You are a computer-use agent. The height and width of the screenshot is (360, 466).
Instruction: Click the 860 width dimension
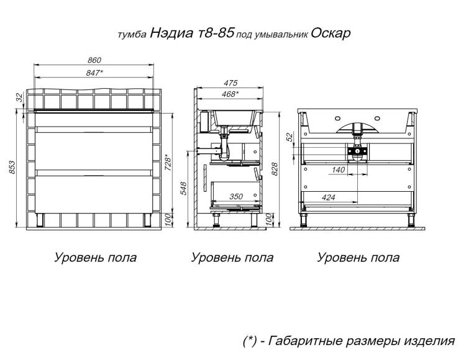tap(94, 60)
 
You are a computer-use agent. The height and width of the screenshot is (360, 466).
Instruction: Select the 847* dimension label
tap(95, 73)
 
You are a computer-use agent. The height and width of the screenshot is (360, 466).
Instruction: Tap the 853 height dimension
tap(12, 168)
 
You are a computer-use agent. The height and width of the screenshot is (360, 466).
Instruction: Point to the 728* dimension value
tap(168, 162)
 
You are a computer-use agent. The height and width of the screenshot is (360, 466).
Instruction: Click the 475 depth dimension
tap(231, 83)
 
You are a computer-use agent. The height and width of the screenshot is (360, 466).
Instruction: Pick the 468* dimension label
tap(231, 94)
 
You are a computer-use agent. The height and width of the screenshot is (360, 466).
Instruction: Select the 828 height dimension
tap(275, 169)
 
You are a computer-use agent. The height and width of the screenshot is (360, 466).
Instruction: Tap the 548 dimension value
tap(183, 189)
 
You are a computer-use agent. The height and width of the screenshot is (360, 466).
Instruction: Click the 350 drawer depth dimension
tap(236, 197)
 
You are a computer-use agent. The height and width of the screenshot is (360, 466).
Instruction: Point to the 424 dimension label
tap(328, 197)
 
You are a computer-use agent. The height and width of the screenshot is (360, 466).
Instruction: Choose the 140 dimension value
tap(338, 170)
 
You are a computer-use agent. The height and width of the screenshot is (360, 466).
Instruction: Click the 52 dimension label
tap(290, 137)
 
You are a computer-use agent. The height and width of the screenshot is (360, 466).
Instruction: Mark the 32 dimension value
tap(19, 97)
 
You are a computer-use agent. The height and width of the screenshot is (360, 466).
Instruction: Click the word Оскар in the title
tap(331, 34)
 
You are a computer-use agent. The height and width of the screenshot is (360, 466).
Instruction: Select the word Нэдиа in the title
tap(171, 33)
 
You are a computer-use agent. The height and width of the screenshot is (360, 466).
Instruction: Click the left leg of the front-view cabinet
tap(40, 220)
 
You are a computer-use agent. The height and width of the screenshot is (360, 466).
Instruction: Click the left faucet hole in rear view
tap(338, 119)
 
